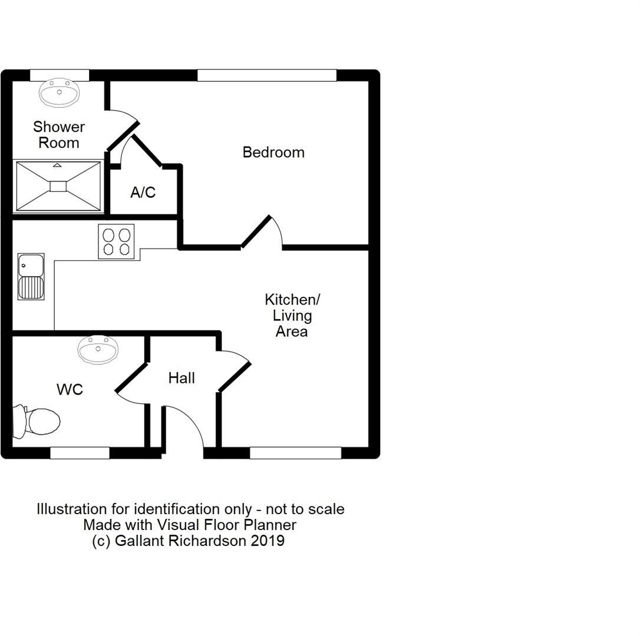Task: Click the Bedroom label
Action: [x=273, y=153]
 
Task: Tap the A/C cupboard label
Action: [x=143, y=193]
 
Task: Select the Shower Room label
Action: [x=59, y=135]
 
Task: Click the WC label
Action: [x=70, y=390]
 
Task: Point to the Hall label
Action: [x=182, y=379]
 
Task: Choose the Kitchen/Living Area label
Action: [x=292, y=316]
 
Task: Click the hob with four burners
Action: [x=116, y=241]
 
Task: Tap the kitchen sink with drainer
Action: [x=31, y=277]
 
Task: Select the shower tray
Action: [x=58, y=186]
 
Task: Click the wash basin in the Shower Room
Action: [x=59, y=93]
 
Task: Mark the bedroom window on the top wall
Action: [x=266, y=75]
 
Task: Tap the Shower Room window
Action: [x=60, y=75]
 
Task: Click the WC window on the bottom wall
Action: [x=80, y=453]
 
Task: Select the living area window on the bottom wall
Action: [x=295, y=453]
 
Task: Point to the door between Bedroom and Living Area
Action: [x=262, y=233]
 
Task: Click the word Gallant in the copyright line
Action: [x=140, y=541]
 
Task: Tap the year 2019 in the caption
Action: [x=268, y=541]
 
